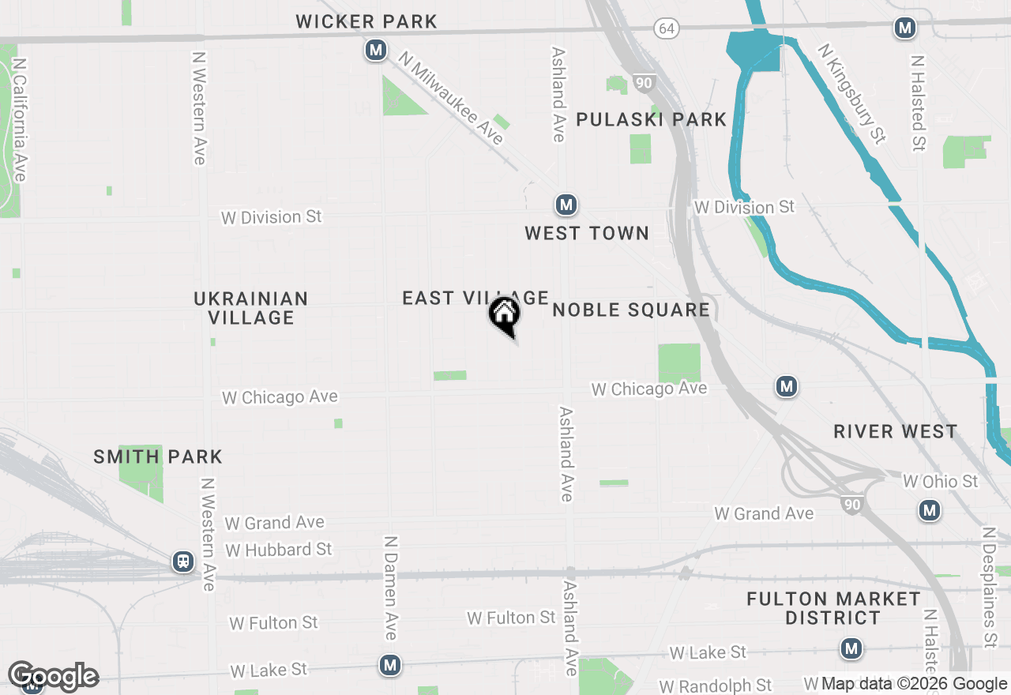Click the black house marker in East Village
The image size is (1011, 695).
[x=504, y=314]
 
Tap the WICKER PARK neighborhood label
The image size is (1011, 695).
[x=366, y=21]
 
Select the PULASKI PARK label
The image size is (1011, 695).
[x=651, y=119]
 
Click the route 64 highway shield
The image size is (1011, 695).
[x=667, y=28]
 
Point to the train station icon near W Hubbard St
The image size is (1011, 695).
[x=183, y=562]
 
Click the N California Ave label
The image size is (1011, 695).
[x=20, y=119]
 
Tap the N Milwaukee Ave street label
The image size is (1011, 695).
[x=450, y=98]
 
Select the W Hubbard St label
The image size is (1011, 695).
[x=279, y=549]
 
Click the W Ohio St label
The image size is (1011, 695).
[x=940, y=481]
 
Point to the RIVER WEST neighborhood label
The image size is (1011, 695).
[x=896, y=432]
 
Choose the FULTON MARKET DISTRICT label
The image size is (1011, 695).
[x=833, y=608]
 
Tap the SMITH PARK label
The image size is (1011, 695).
[x=158, y=456]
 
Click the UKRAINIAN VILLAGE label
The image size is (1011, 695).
[x=251, y=308]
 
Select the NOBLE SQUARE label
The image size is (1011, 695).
[x=631, y=310]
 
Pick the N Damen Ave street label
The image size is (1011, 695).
[x=390, y=588]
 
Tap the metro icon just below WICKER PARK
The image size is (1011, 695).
[x=376, y=51]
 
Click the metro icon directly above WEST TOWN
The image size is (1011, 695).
[x=566, y=205]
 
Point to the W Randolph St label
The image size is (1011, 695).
[x=716, y=685]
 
